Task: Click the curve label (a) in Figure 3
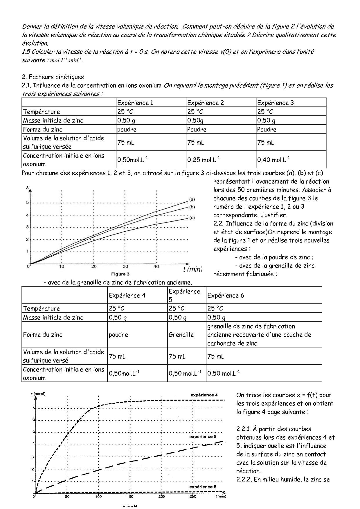tap(192, 199)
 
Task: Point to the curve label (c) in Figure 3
tap(192, 218)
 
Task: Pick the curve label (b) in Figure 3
tap(192, 207)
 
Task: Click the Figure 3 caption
tap(120, 274)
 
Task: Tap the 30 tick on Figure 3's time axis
tap(125, 266)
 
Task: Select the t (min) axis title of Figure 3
tap(193, 269)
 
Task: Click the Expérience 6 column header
tap(226, 295)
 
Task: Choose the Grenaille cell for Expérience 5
tap(181, 335)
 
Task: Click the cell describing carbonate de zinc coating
tap(259, 335)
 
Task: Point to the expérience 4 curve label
tap(204, 395)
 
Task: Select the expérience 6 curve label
tap(203, 487)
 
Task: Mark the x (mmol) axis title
tap(38, 394)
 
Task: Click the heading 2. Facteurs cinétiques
tap(53, 77)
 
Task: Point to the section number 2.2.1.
tap(244, 429)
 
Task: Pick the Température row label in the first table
tap(42, 112)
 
